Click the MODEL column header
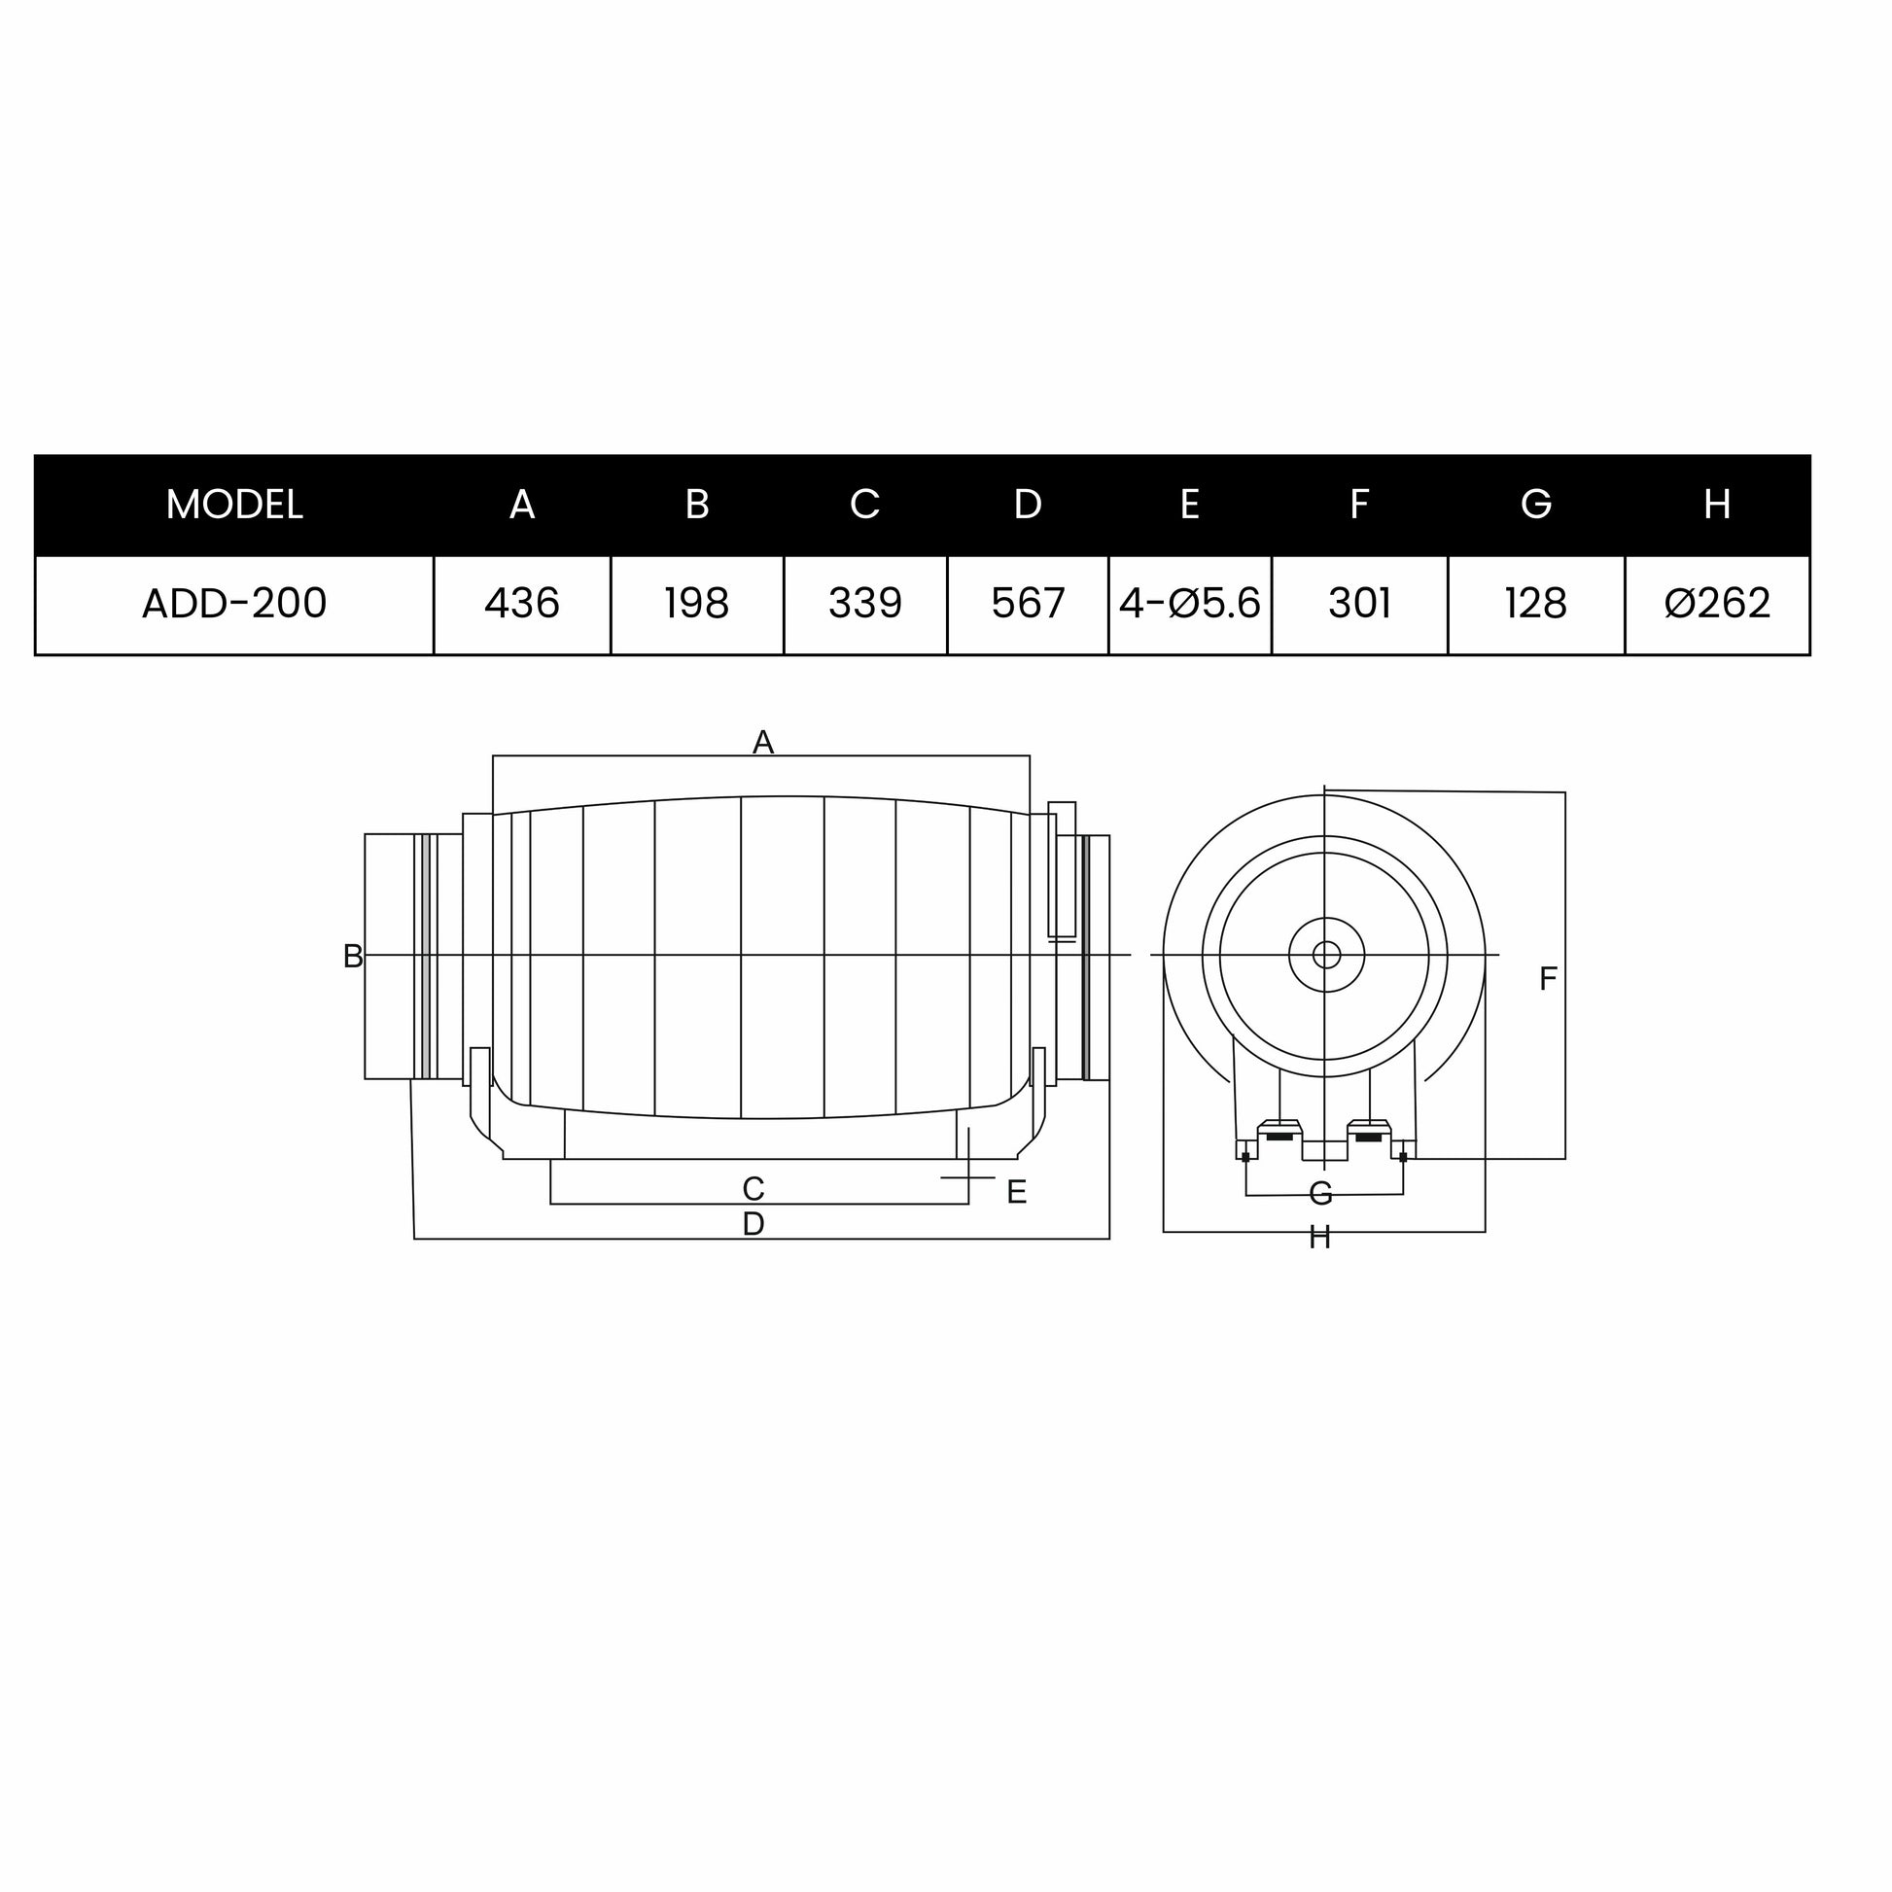tap(234, 505)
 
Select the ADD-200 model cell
tap(234, 603)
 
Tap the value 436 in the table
tap(522, 603)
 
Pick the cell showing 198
tap(697, 603)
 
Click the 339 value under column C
tap(865, 603)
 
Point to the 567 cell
tap(1029, 603)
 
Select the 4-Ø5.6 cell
tap(1190, 603)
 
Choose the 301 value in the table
tap(1360, 603)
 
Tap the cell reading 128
tap(1536, 603)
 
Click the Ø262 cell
tap(1718, 603)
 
